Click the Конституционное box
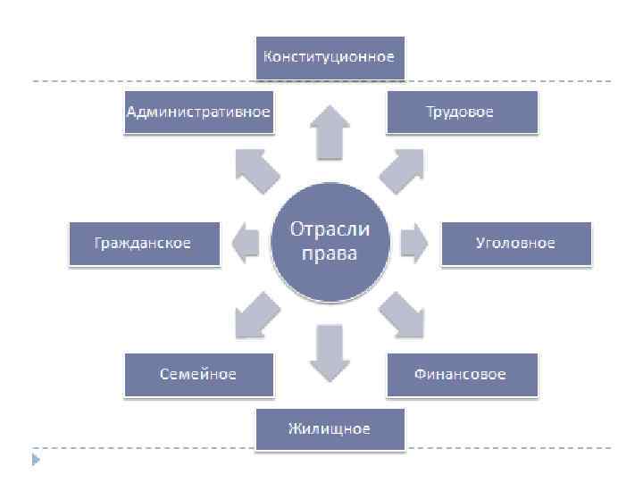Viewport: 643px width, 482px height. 329,57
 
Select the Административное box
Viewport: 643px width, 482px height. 197,112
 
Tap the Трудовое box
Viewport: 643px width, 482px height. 461,112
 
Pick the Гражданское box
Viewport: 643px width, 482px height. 144,244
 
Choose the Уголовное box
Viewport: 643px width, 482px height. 515,244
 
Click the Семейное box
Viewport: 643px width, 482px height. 197,375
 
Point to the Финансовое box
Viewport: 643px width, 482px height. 461,375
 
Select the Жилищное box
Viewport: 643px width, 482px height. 329,429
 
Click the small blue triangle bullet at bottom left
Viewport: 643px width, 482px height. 36,460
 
